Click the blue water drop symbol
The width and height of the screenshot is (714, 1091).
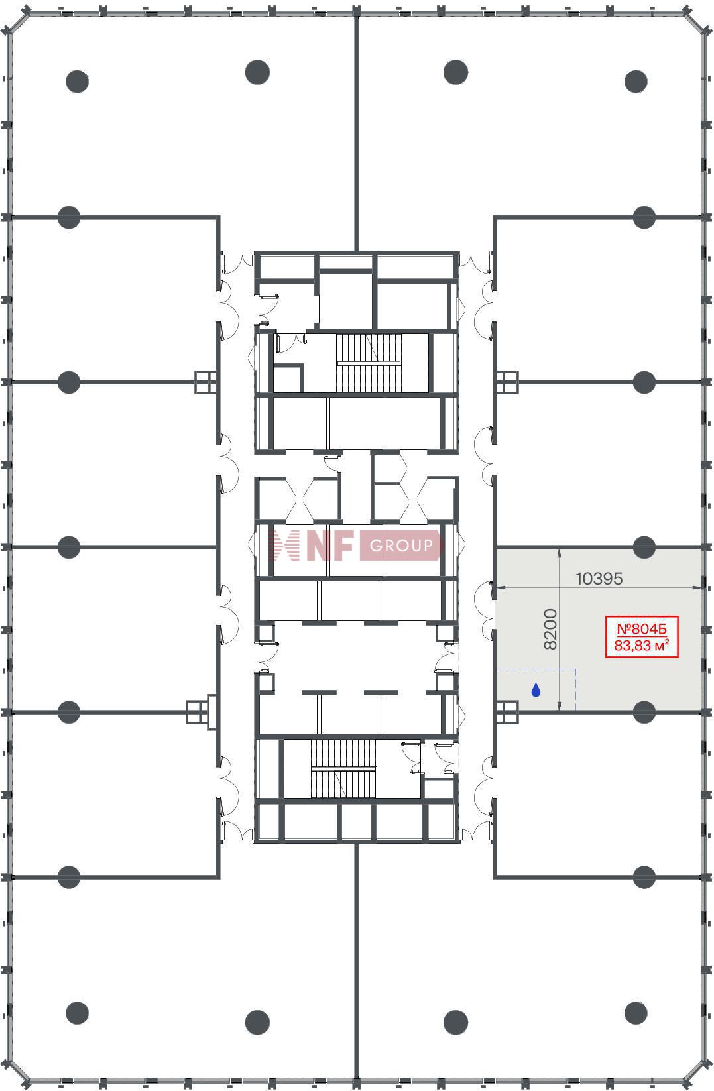(x=536, y=689)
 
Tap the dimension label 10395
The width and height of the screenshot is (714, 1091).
(x=599, y=578)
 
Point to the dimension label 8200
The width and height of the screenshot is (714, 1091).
(x=550, y=629)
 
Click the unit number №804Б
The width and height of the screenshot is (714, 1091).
(x=642, y=629)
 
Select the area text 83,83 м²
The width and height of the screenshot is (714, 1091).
(x=642, y=646)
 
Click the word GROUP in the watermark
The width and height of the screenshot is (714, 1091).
(x=401, y=545)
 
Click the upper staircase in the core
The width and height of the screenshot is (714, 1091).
(x=369, y=363)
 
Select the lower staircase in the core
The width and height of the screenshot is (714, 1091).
(x=343, y=769)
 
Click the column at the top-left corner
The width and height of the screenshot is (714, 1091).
(x=77, y=82)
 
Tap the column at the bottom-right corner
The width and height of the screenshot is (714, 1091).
(x=636, y=1013)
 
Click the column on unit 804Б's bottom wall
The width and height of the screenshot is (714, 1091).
(x=644, y=712)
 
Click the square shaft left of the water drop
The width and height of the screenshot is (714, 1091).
(x=507, y=712)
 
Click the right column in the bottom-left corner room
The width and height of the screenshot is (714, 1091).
(x=257, y=1022)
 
